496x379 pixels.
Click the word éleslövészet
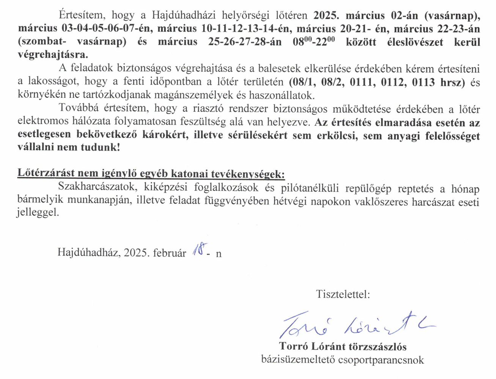415,42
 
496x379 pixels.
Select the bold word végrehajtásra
53,54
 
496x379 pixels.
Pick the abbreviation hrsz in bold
452,82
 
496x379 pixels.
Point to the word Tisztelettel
343,294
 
